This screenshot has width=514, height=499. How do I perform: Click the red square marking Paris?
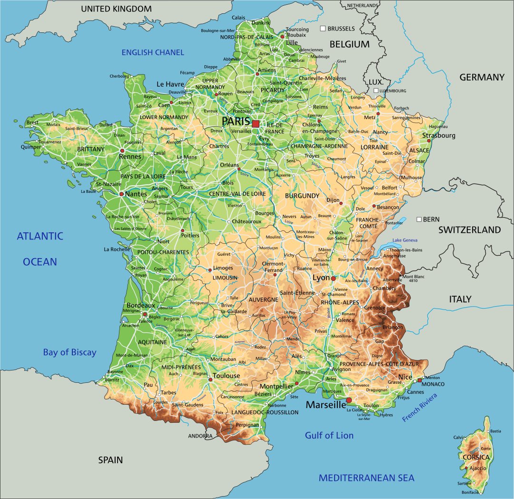click(256, 124)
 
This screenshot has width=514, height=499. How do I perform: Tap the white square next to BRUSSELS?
click(323, 29)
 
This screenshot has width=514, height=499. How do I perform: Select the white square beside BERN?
click(419, 220)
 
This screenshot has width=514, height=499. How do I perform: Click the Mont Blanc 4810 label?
click(413, 279)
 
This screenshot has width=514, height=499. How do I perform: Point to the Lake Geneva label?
click(405, 240)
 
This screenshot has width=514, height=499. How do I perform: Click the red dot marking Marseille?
click(349, 400)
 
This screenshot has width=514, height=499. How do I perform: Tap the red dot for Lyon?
click(334, 279)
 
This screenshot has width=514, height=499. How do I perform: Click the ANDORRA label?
click(200, 436)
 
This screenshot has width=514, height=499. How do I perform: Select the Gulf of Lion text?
click(329, 435)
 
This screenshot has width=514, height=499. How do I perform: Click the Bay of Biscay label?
click(69, 352)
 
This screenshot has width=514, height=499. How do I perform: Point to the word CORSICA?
click(476, 457)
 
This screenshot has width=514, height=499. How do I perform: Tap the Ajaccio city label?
click(478, 468)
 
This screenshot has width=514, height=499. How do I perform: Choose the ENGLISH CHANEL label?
click(153, 52)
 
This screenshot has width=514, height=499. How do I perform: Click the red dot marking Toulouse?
click(210, 379)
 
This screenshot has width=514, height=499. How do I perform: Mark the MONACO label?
click(433, 384)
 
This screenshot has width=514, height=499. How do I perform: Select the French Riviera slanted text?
click(420, 408)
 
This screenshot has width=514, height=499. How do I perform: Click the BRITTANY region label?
click(90, 149)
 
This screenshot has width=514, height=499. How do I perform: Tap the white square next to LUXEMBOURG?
click(376, 90)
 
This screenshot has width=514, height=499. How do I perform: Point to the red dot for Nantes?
click(121, 194)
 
